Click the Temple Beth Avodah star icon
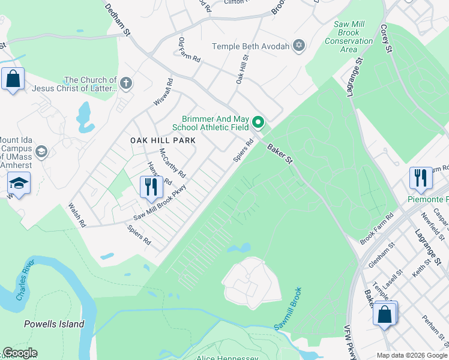299,46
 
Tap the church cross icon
125,83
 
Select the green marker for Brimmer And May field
259,123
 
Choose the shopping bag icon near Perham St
384,314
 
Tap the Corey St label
385,38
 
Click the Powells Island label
54,324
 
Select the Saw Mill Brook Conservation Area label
349,37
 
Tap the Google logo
19,353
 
